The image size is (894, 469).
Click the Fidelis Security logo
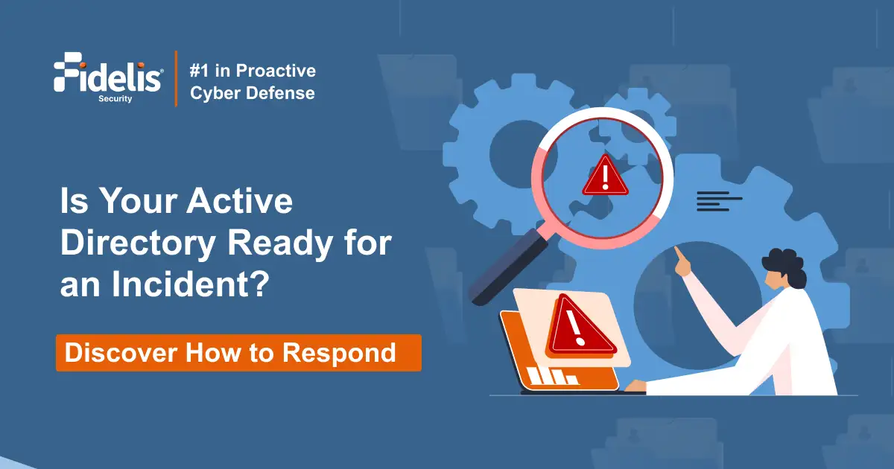point(108,77)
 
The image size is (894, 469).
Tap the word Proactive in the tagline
point(276,71)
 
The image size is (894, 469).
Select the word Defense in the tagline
point(280,93)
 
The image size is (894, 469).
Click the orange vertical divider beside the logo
point(176,79)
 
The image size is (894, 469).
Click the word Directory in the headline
point(138,244)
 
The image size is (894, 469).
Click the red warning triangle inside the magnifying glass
point(605,176)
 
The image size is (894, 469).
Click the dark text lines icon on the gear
point(719,201)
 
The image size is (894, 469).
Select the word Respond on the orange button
point(339,354)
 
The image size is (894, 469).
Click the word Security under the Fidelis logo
point(115,98)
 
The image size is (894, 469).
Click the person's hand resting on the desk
point(635,386)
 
